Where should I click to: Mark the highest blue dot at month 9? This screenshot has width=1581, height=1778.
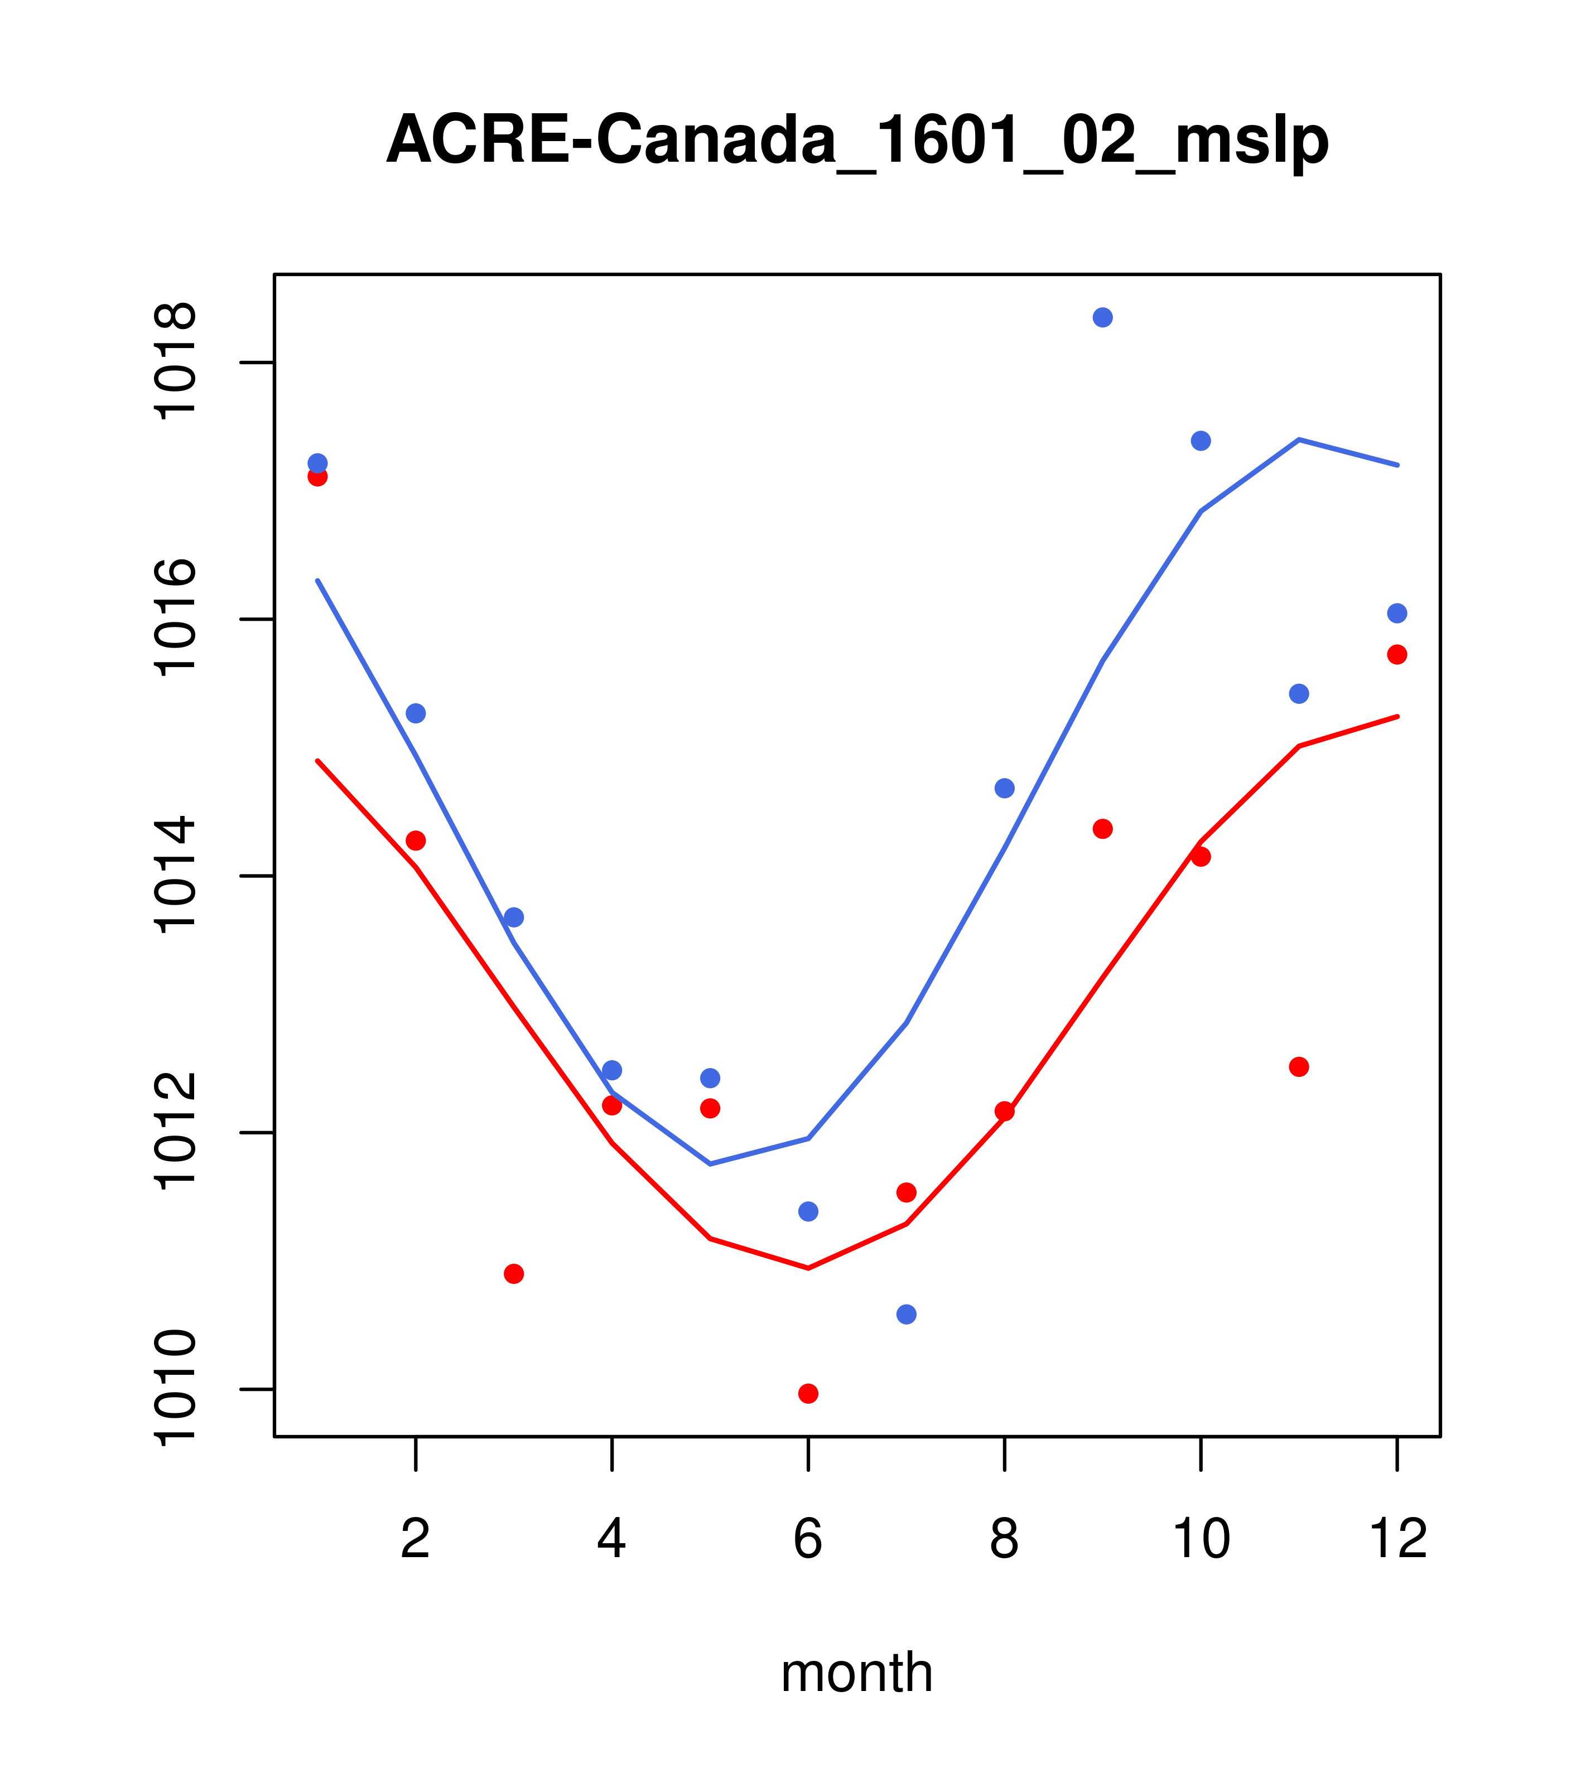[x=1102, y=317]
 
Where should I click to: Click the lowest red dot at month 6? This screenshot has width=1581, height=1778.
[x=808, y=1394]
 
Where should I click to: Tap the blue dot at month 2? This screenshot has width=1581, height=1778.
[x=416, y=713]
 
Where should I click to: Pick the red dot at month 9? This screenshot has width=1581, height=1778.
[x=1102, y=829]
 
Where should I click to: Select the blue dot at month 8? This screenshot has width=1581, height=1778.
[x=1004, y=788]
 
